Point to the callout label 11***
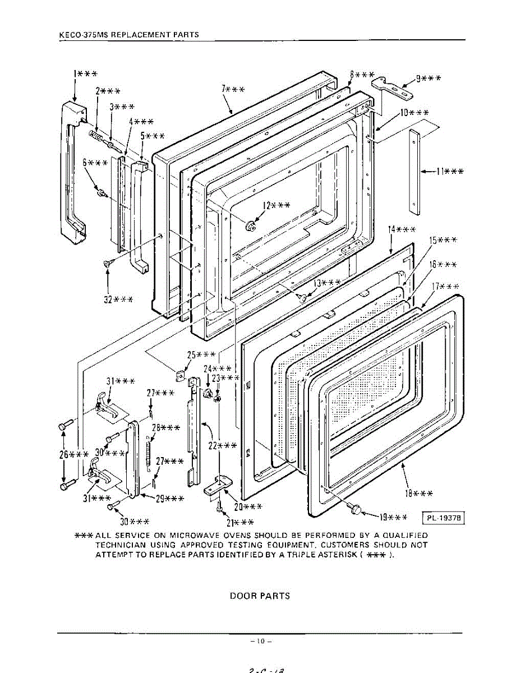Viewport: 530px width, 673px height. click(449, 171)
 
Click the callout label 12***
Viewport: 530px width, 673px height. click(276, 206)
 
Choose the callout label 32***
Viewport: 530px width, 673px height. click(118, 299)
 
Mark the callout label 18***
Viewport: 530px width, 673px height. click(418, 494)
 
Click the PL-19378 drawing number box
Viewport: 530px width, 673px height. click(446, 518)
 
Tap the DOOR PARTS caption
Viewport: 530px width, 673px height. click(260, 596)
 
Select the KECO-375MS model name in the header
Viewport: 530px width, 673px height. click(80, 35)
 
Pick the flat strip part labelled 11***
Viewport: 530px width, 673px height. click(414, 172)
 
